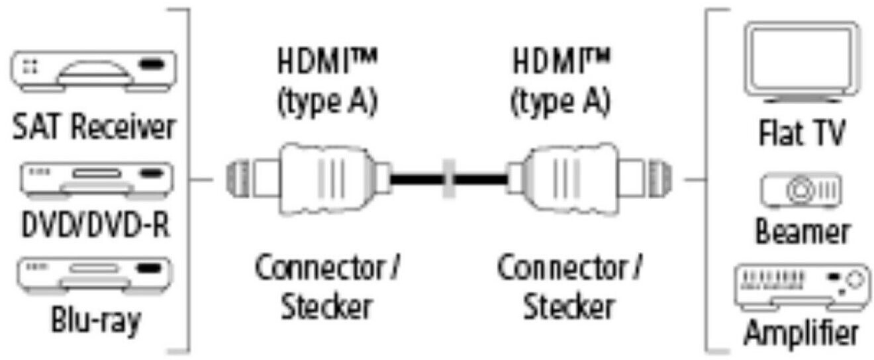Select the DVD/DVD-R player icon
pos(91,179)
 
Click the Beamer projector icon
pos(801,191)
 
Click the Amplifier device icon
pos(801,285)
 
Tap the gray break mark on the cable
pos(448,178)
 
